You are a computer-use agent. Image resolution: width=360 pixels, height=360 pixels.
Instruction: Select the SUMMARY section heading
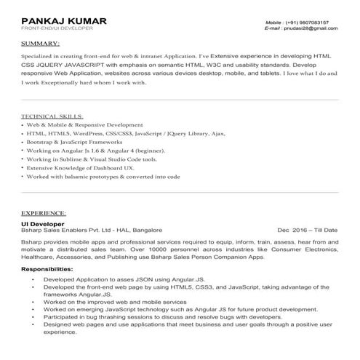pyautogui.click(x=41, y=44)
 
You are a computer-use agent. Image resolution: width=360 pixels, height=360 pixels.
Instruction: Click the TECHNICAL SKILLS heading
pyautogui.click(x=52, y=116)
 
